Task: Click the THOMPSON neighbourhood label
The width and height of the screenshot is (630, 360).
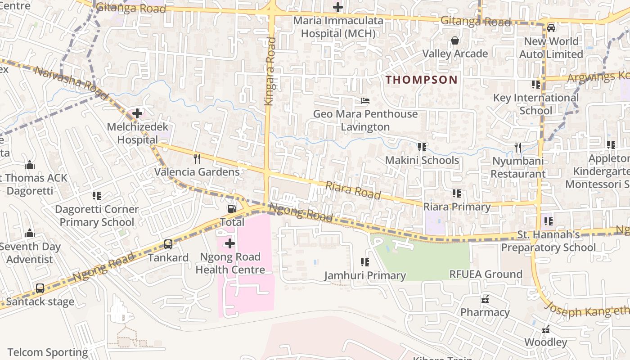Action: coord(422,80)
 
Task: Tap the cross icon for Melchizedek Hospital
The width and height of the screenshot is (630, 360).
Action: coord(137,113)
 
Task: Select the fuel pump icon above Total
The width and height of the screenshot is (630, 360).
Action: coord(232,209)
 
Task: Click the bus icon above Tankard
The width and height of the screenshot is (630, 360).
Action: coord(168,244)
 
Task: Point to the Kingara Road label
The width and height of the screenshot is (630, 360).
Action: coord(270,72)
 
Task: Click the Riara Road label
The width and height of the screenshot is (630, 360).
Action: coord(353,190)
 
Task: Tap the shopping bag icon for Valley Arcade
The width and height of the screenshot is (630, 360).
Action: coord(455,40)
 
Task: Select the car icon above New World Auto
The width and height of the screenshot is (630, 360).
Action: coord(551,28)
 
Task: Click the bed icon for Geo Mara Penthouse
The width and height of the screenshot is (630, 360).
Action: coord(365,101)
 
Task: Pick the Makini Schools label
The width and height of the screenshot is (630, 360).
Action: coord(422,160)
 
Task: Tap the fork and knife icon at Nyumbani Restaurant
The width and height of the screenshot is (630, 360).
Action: coord(518,147)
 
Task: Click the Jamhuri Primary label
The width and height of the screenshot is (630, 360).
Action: coord(365,275)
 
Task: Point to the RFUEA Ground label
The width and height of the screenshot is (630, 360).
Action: coord(486,274)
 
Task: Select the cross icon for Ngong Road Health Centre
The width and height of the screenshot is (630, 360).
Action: coord(230,244)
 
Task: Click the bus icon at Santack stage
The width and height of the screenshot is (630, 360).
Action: coord(40,288)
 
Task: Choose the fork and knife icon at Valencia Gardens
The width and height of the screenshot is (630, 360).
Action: coord(197,158)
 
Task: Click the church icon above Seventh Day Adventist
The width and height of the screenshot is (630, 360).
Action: coord(30,233)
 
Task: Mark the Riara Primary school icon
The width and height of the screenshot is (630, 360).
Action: coord(457,193)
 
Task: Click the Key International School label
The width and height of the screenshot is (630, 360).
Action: coord(535,104)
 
